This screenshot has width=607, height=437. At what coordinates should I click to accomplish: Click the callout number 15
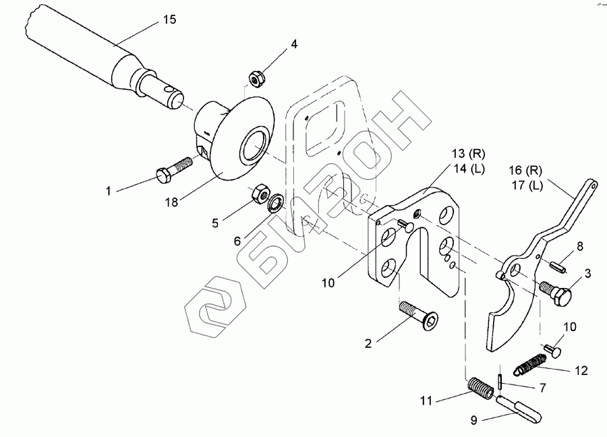170,20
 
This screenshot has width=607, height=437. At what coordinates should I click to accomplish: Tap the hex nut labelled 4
256,79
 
